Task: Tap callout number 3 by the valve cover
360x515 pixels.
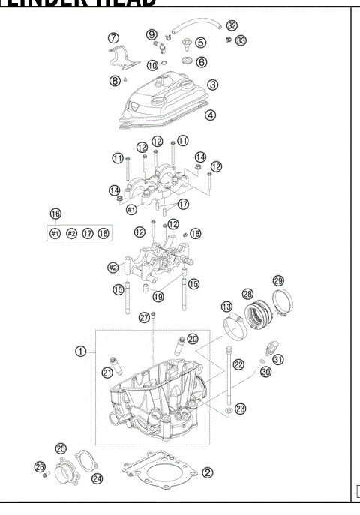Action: [213, 85]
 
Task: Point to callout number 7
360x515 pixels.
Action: [113, 37]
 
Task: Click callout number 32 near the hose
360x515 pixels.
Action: [232, 25]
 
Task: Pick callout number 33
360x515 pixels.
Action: [240, 40]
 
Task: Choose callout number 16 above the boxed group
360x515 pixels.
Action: [55, 214]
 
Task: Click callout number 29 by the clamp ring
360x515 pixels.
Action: [278, 280]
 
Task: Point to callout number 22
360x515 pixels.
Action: [239, 364]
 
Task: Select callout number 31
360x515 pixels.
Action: [278, 359]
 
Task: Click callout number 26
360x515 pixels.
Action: [39, 467]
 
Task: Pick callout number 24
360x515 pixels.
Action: [97, 477]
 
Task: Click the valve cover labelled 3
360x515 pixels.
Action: [165, 101]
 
